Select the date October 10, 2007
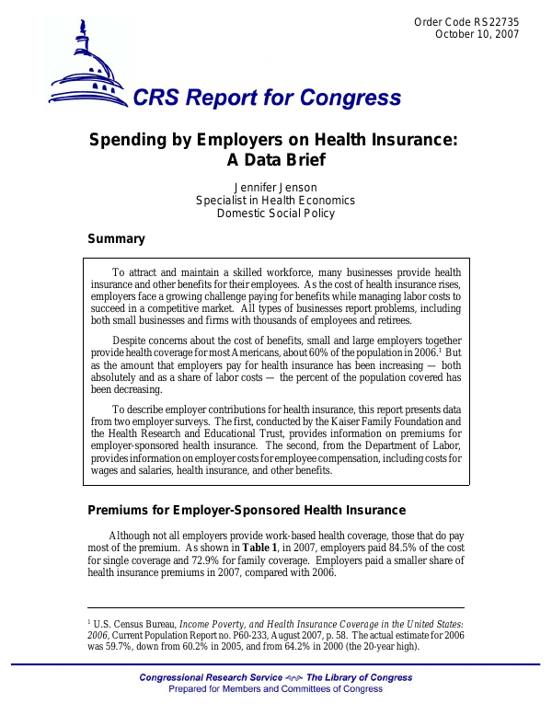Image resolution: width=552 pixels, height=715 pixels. (x=477, y=34)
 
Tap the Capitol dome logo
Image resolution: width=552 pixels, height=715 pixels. (x=89, y=64)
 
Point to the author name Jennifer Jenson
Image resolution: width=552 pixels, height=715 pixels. (x=276, y=187)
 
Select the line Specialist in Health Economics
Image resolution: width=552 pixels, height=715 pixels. (x=276, y=201)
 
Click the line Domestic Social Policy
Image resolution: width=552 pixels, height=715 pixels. (x=276, y=213)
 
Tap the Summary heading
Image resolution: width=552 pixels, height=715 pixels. (x=116, y=239)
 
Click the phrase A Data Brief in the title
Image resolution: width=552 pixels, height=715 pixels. (x=276, y=160)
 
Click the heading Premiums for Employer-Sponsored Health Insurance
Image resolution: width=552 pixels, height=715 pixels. (x=246, y=511)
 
